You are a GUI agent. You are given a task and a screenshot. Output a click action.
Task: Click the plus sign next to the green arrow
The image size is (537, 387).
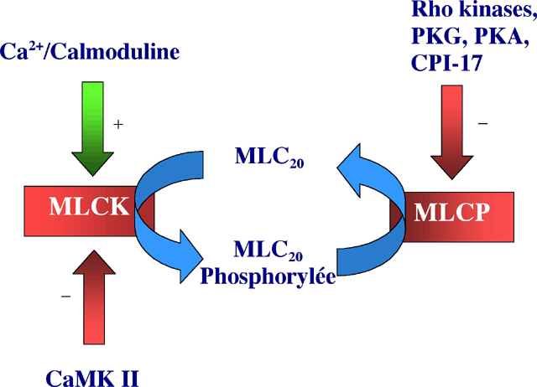[x=118, y=124]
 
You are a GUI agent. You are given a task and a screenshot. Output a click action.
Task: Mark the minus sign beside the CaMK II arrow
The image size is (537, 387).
[x=66, y=297]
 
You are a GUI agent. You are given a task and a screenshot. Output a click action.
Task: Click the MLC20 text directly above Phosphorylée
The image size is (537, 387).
[x=263, y=250]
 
